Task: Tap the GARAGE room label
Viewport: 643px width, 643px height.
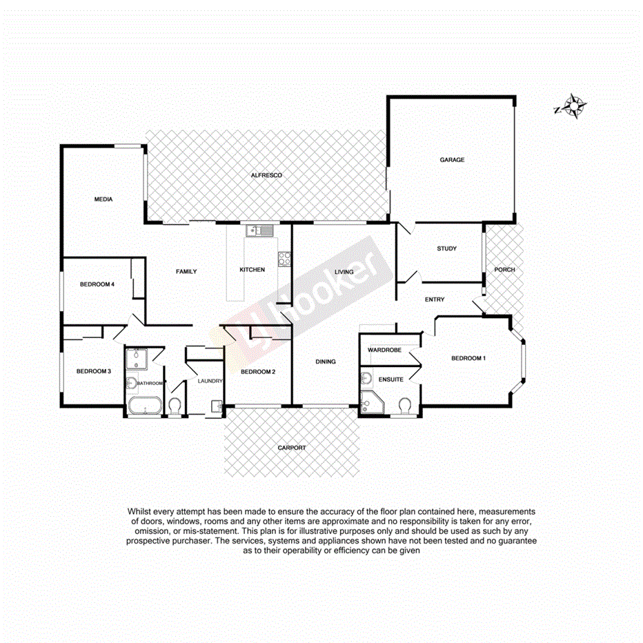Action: tap(452, 160)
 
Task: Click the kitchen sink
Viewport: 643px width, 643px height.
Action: tap(261, 231)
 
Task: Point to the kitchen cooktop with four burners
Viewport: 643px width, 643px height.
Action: tap(284, 259)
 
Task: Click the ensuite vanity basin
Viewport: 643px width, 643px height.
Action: tap(366, 378)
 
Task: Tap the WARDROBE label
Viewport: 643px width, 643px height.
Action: tap(385, 350)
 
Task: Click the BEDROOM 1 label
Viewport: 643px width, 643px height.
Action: tap(468, 358)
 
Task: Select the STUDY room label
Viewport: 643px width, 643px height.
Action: tap(446, 249)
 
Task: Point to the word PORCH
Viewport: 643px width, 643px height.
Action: tap(504, 270)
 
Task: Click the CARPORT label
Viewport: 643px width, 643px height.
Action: tap(291, 448)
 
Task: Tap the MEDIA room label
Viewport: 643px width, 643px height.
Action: tap(103, 199)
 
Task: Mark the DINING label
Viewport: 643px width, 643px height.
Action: tap(325, 362)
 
